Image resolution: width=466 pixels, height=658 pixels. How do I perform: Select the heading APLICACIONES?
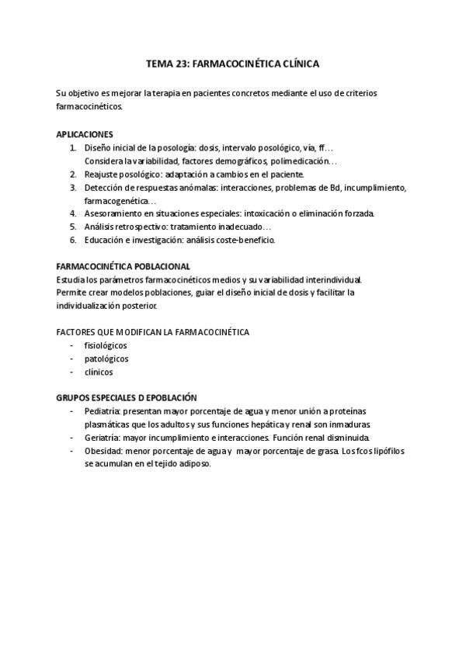click(x=85, y=133)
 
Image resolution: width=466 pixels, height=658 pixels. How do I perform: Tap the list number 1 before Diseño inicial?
click(x=72, y=147)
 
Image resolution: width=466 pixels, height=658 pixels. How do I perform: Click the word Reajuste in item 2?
click(x=103, y=175)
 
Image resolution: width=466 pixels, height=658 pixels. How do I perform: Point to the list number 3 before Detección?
click(x=72, y=188)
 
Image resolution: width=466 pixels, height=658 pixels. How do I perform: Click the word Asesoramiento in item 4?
click(x=116, y=213)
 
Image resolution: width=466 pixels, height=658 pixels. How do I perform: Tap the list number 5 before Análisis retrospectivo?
click(x=72, y=227)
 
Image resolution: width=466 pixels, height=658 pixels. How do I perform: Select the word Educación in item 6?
click(x=106, y=240)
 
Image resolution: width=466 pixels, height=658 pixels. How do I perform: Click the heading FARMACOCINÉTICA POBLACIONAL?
click(x=123, y=266)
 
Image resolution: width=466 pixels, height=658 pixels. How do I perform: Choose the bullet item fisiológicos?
click(x=106, y=345)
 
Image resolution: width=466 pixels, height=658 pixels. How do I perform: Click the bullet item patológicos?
click(x=106, y=358)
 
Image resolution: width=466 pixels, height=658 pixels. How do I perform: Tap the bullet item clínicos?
click(x=98, y=372)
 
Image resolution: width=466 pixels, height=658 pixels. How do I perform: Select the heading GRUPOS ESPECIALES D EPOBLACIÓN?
click(x=127, y=397)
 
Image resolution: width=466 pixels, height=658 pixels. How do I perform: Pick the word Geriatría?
click(x=102, y=438)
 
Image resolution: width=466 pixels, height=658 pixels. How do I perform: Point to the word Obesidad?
click(x=103, y=451)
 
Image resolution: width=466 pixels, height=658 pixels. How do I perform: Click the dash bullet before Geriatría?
click(x=72, y=438)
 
